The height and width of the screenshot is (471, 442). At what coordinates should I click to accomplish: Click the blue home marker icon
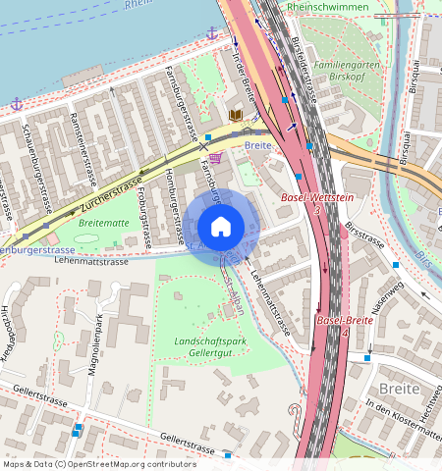(221, 227)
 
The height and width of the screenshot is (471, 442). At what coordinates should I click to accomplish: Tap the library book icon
(236, 115)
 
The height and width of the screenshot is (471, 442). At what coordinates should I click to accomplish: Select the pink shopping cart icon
(215, 157)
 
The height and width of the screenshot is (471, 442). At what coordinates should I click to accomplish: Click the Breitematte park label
(103, 223)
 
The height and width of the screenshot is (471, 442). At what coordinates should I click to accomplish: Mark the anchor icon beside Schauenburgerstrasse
(17, 103)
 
